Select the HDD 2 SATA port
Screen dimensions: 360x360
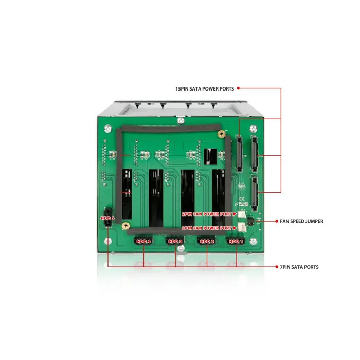point(207,241)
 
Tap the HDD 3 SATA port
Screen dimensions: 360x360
point(175,241)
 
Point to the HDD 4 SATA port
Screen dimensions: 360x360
point(143,241)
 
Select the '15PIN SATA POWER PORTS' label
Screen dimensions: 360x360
point(204,89)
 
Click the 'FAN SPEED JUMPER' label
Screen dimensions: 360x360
point(302,222)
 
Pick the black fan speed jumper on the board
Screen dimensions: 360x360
point(250,222)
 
